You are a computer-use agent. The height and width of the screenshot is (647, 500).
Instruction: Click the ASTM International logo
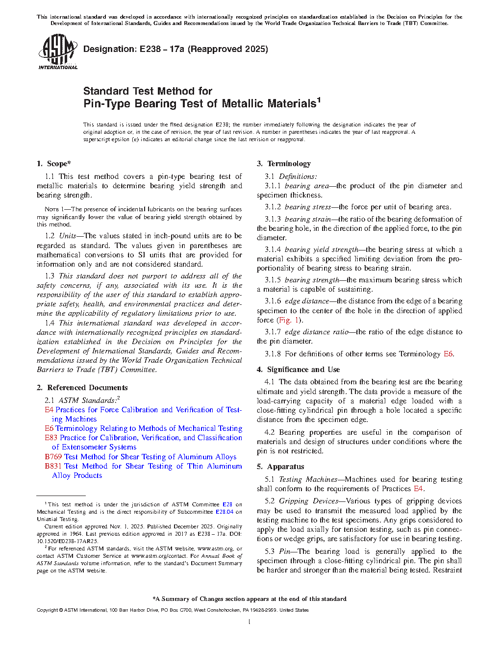57,51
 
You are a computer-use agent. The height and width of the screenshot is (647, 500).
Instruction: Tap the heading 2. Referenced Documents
82,388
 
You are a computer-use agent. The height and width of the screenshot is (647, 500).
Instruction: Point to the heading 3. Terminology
284,164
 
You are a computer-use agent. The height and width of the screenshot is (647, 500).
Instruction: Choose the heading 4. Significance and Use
299,370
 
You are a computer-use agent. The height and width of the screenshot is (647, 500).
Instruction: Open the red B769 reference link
53,457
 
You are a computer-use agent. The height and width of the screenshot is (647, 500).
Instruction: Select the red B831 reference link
53,466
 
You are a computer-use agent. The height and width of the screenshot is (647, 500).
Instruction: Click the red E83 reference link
51,438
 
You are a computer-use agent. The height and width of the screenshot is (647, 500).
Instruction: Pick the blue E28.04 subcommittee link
225,512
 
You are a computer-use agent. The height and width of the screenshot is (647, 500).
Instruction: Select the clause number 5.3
270,551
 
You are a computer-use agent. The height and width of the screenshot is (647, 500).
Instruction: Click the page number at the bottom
250,622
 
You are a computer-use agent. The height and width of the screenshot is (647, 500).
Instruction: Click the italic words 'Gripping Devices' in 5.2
308,501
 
